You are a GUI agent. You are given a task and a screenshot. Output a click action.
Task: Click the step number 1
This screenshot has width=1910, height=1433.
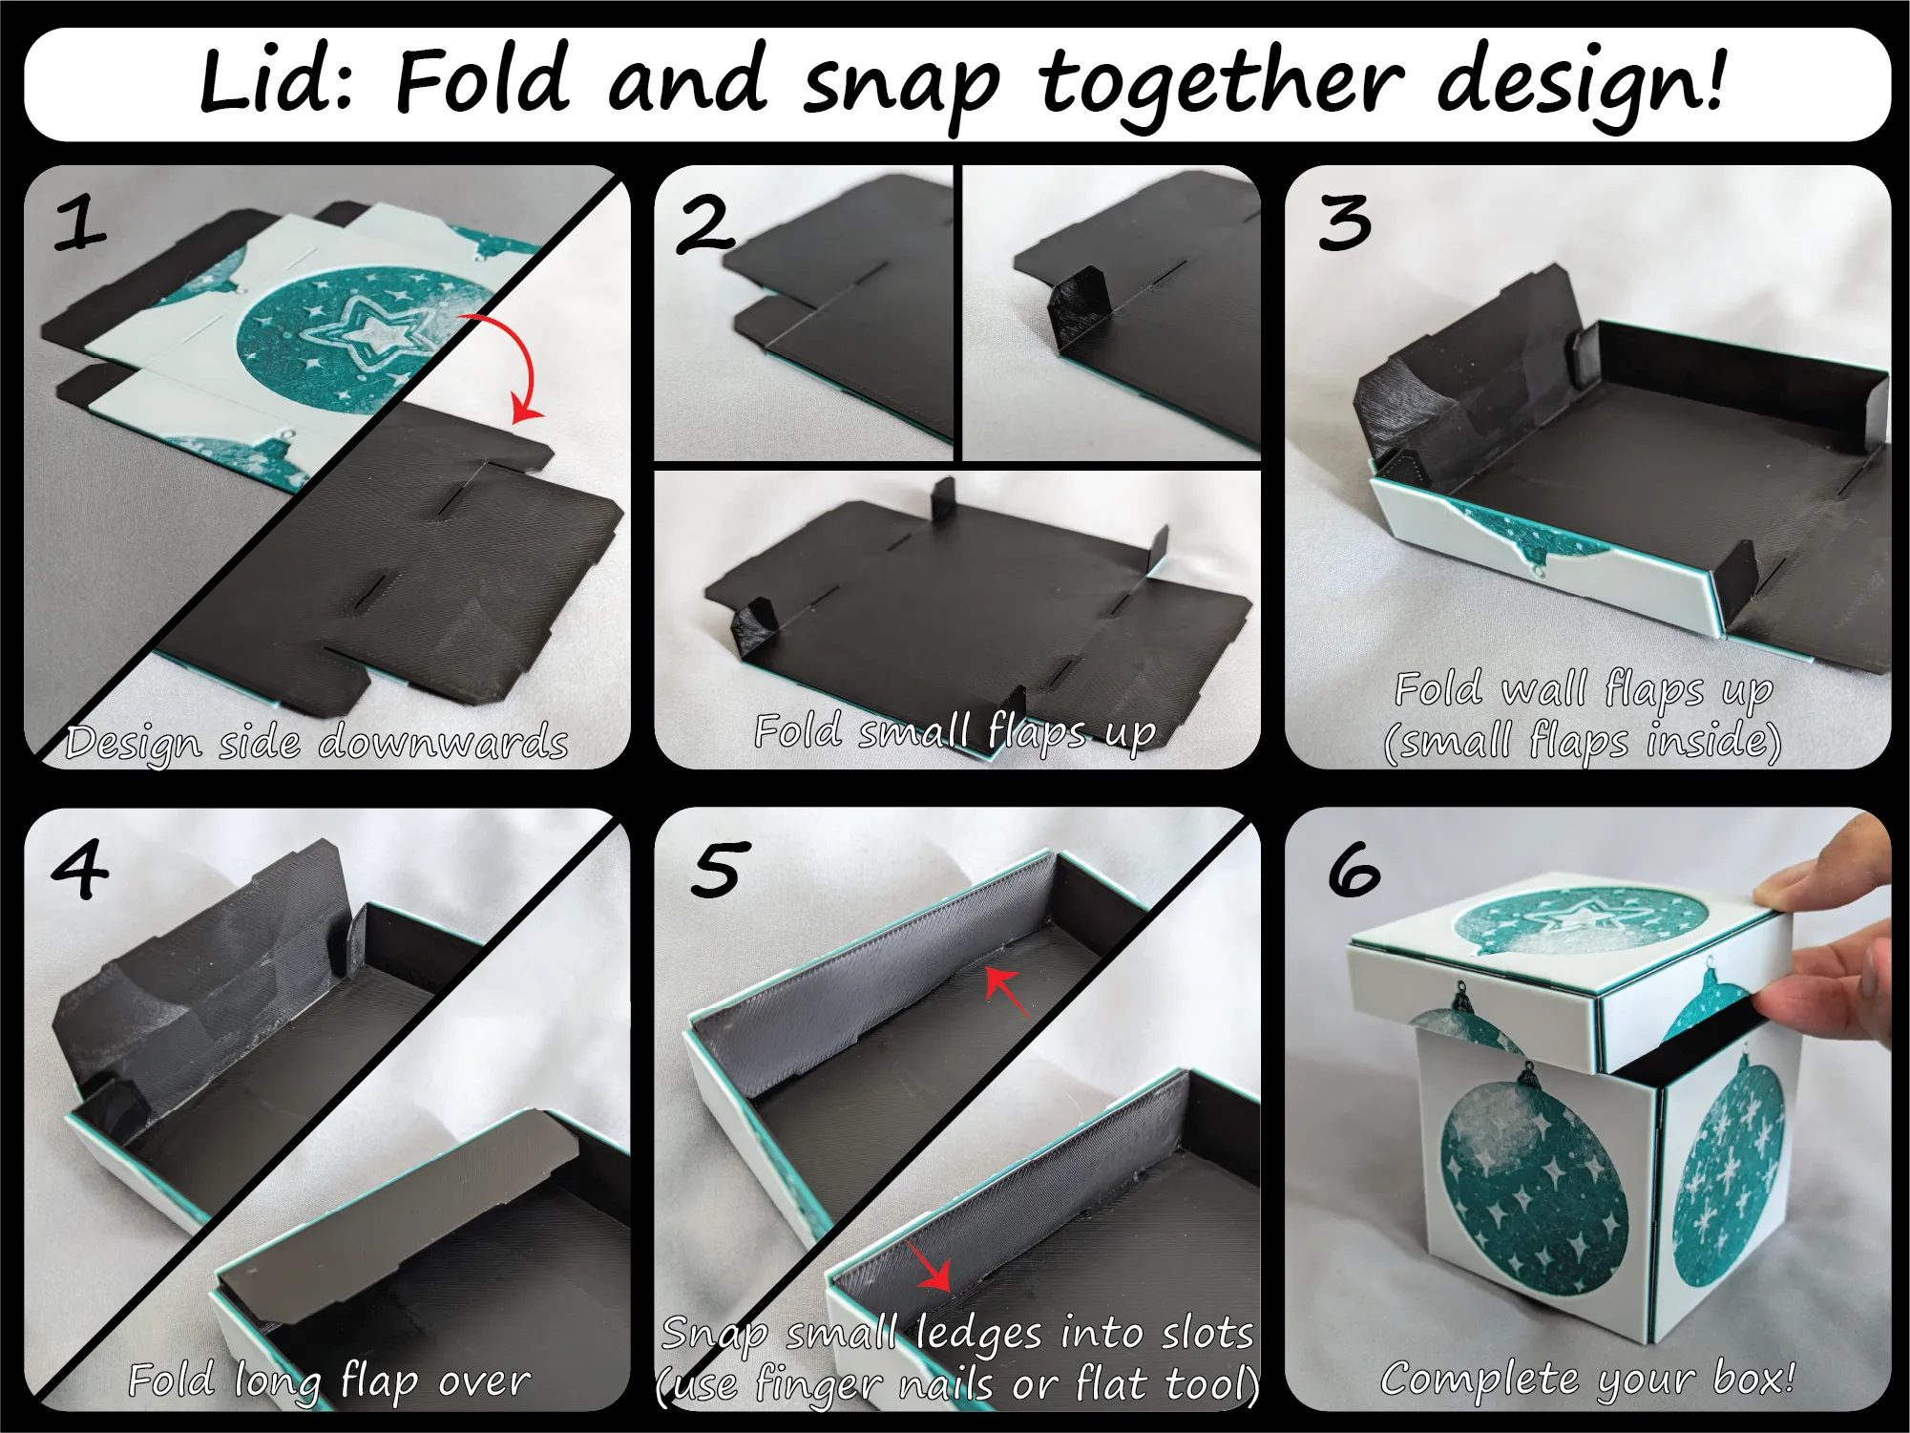[x=79, y=223]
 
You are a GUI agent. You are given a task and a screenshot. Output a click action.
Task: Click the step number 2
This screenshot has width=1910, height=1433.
[x=706, y=225]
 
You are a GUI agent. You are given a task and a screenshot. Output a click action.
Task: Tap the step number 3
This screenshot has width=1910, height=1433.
[x=1345, y=223]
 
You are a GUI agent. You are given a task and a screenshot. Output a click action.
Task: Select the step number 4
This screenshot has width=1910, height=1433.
[x=80, y=869]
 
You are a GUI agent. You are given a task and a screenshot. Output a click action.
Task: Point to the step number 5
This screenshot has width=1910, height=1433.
[x=717, y=870]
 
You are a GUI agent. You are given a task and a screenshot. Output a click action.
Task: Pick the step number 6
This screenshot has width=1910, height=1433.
[x=1354, y=870]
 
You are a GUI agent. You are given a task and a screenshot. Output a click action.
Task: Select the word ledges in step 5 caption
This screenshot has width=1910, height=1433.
[x=978, y=1334]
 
